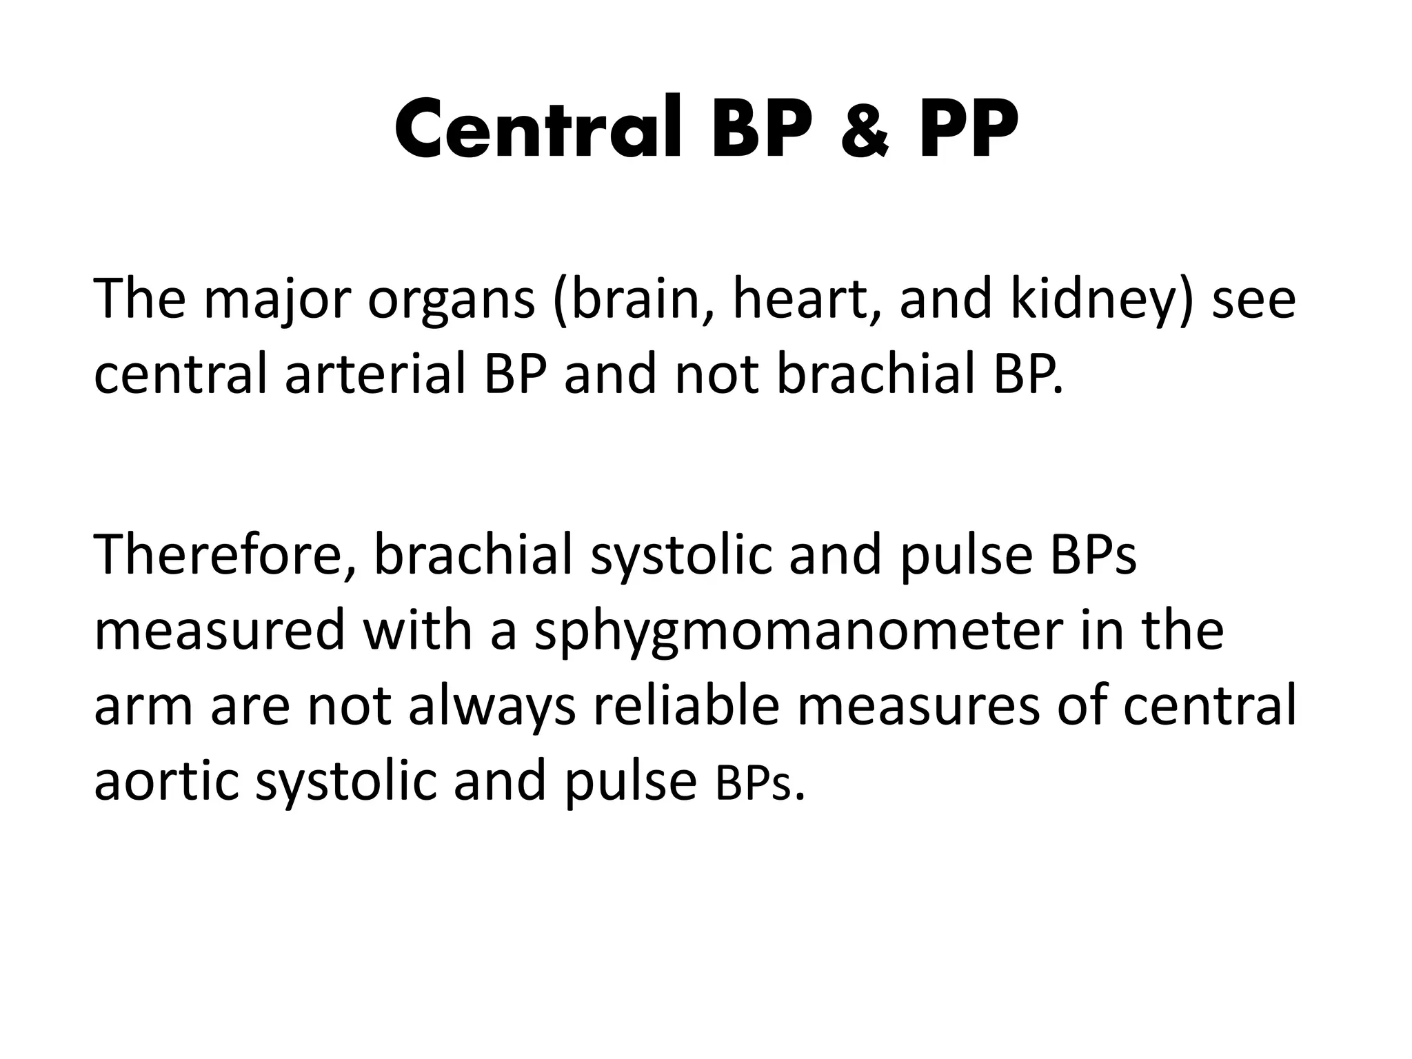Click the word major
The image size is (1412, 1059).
(276, 301)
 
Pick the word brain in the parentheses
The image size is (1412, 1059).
(631, 301)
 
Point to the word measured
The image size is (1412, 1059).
(219, 631)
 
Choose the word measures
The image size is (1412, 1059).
(918, 707)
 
